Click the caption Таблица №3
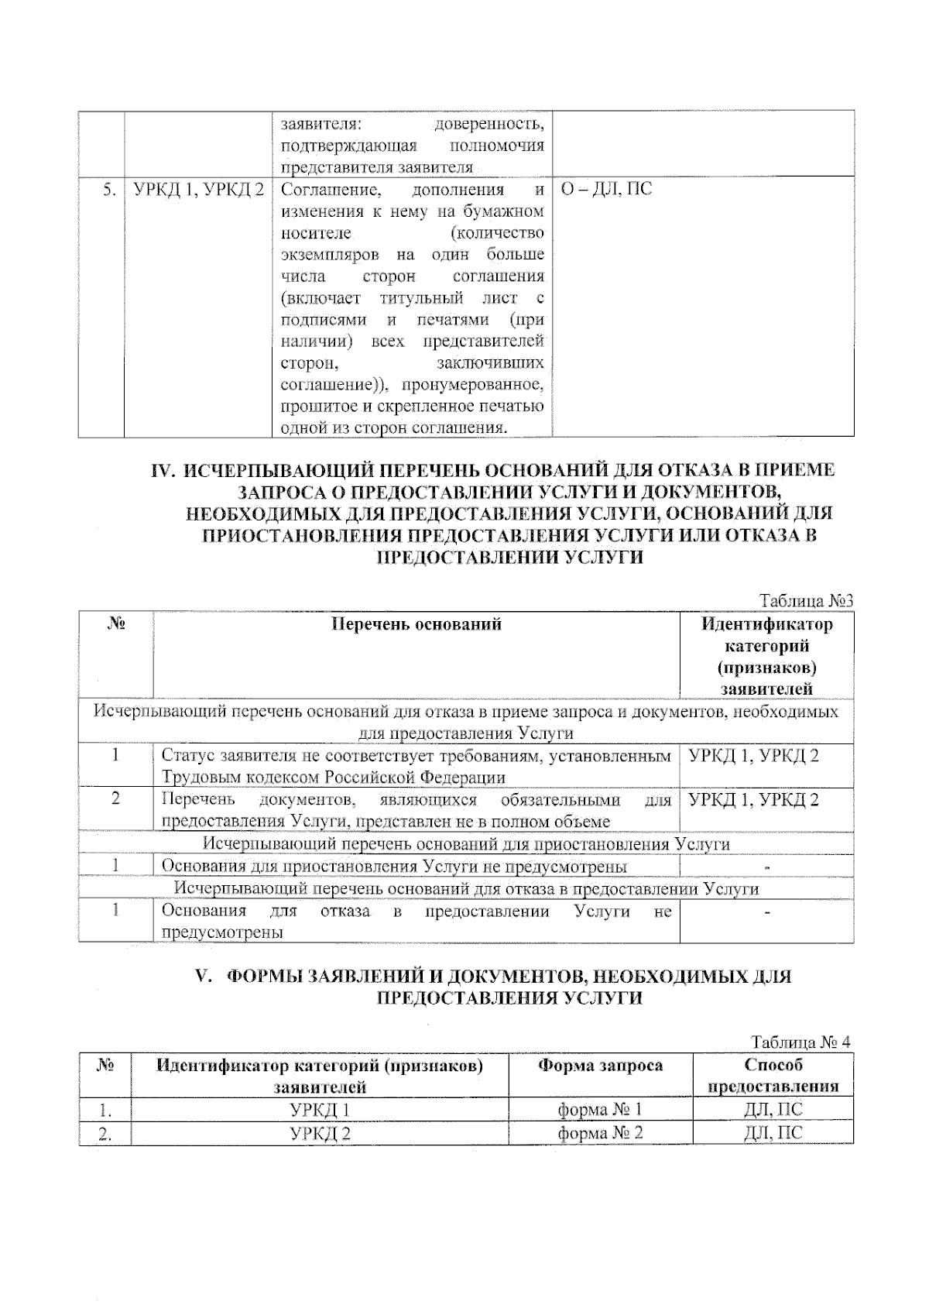(x=806, y=601)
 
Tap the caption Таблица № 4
(x=800, y=1042)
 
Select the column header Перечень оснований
(x=416, y=624)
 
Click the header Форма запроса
(x=600, y=1066)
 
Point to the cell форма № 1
(x=600, y=1110)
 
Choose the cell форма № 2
(x=600, y=1134)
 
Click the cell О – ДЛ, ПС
(x=606, y=189)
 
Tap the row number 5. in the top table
(x=109, y=189)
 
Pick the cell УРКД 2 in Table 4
(x=320, y=1134)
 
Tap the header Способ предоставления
(x=773, y=1076)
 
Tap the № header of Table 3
(x=115, y=624)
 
